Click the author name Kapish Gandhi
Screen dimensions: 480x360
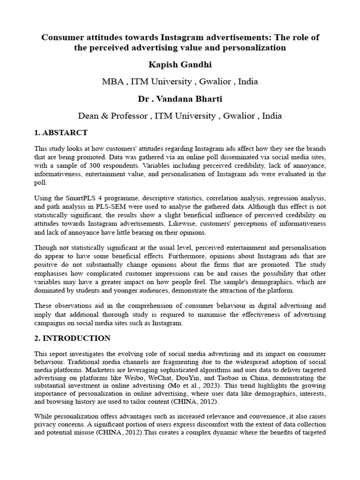pos(180,65)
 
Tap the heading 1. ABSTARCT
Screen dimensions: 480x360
pos(61,133)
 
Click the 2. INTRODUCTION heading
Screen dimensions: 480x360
pos(73,338)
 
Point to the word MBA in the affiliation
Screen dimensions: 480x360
pos(112,82)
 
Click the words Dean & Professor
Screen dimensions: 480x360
pos(114,115)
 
